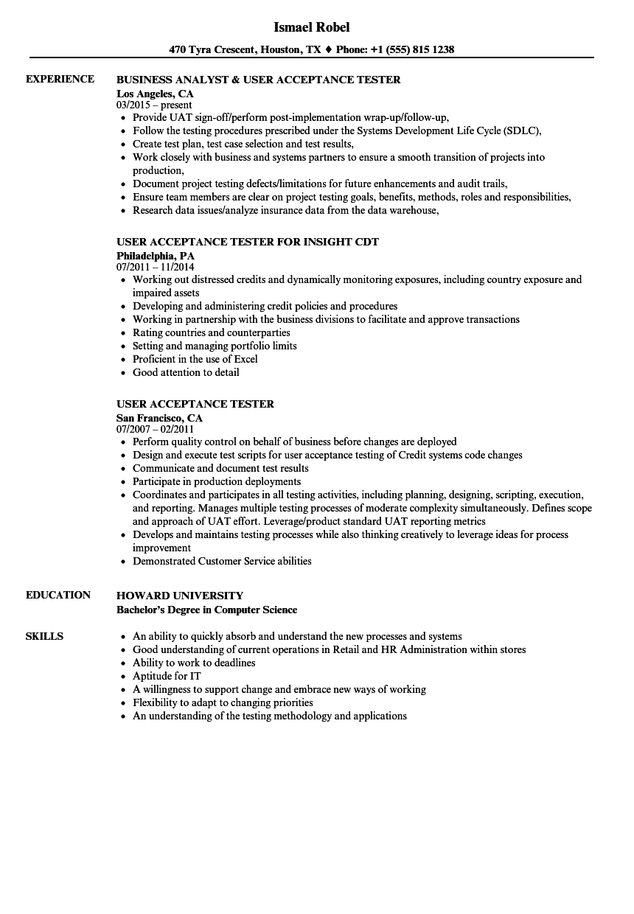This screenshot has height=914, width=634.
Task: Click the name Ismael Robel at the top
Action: click(x=312, y=27)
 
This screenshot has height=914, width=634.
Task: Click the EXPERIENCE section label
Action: click(x=60, y=79)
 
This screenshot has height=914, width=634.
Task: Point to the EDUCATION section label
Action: click(x=58, y=595)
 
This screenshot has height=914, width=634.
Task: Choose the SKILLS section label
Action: click(x=44, y=636)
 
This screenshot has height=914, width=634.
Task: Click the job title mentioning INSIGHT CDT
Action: click(x=248, y=242)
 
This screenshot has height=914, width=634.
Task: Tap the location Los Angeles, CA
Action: click(x=155, y=94)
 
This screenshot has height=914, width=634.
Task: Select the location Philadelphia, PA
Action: click(x=156, y=256)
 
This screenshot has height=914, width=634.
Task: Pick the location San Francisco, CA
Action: click(x=159, y=418)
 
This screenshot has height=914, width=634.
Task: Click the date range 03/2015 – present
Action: click(x=154, y=105)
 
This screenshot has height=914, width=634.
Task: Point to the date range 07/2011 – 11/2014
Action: click(x=156, y=267)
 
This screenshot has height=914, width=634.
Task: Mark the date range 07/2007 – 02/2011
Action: click(x=155, y=429)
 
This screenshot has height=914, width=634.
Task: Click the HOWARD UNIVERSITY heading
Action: click(x=180, y=596)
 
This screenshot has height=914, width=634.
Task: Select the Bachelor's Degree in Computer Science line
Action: click(x=207, y=610)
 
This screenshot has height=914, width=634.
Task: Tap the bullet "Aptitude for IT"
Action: click(x=167, y=676)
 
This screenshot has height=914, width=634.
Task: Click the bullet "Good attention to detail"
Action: click(x=186, y=372)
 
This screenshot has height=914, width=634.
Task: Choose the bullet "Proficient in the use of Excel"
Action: click(x=195, y=359)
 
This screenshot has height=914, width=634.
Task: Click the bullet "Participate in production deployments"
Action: click(x=217, y=481)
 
